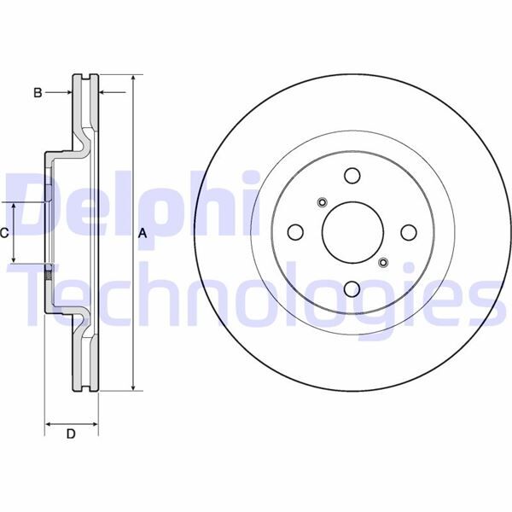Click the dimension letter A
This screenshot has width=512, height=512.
click(x=143, y=233)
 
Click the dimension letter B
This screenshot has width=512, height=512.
click(x=38, y=93)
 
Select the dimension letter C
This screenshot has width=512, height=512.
click(x=4, y=232)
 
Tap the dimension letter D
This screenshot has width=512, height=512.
click(x=72, y=434)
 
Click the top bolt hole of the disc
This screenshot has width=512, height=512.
click(x=352, y=176)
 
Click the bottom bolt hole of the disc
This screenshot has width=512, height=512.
click(x=352, y=289)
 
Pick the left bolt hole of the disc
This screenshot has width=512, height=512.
click(x=295, y=233)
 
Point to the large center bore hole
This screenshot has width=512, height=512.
click(x=352, y=233)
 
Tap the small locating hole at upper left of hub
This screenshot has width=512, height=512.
click(x=322, y=202)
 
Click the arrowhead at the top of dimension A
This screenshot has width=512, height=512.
click(x=133, y=79)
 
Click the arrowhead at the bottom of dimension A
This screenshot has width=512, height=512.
click(x=133, y=387)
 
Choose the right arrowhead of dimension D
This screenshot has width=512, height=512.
click(x=95, y=423)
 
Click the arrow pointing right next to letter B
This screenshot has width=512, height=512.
click(x=67, y=91)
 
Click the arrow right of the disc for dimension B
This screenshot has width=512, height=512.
click(x=104, y=91)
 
